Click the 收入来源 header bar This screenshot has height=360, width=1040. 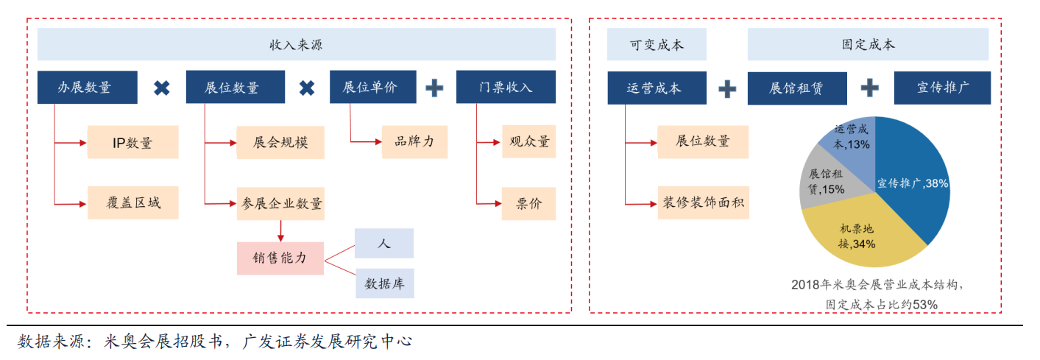click(296, 45)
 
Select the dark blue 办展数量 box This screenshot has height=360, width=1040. click(87, 88)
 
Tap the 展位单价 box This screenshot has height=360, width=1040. click(372, 87)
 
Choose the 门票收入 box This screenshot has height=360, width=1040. click(506, 88)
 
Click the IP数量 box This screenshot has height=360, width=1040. click(133, 142)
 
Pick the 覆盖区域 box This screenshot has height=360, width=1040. click(133, 202)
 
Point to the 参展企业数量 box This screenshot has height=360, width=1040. click(280, 202)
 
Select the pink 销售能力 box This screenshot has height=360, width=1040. click(280, 258)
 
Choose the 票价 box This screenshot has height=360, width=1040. click(528, 202)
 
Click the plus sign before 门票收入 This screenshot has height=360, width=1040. click(435, 88)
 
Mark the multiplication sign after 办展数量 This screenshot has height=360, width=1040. click(161, 88)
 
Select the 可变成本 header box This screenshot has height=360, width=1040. click(657, 45)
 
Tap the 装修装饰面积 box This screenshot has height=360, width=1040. click(703, 202)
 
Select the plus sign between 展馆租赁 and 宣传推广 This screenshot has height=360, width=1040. click(870, 88)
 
